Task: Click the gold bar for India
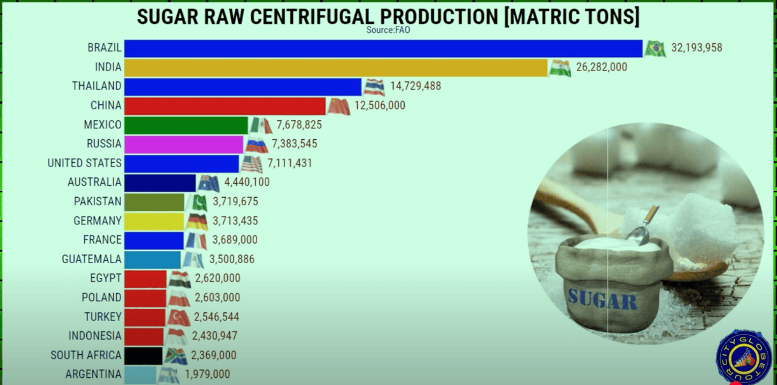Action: pos(335,67)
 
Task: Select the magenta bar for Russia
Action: pos(184,144)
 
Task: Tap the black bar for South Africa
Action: pos(143,355)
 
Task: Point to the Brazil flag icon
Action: pos(655,48)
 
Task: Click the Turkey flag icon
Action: pos(179,317)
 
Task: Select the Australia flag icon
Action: pos(209,183)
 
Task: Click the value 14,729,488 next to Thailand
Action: pos(415,86)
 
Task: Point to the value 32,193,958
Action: pos(696,48)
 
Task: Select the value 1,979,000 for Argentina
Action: pos(207,374)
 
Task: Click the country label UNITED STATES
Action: pos(84,163)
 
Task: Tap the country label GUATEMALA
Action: pos(91,259)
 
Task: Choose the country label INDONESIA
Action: pos(95,336)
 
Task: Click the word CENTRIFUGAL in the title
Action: pos(312,17)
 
